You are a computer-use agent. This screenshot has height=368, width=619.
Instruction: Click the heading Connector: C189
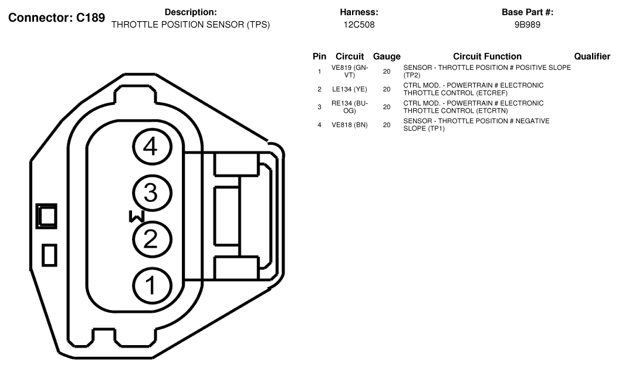56,18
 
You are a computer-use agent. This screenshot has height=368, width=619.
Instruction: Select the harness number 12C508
359,25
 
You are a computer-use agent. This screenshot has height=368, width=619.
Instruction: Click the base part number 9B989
527,25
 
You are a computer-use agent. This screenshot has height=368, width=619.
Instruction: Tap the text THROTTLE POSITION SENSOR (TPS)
191,25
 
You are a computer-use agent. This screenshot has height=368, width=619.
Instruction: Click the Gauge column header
387,56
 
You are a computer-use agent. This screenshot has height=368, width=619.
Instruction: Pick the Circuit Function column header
487,56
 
